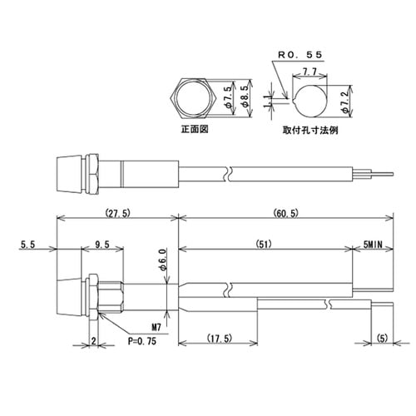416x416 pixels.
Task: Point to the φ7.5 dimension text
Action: (230, 97)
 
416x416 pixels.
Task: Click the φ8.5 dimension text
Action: (243, 97)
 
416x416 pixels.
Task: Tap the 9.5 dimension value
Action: (104, 245)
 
